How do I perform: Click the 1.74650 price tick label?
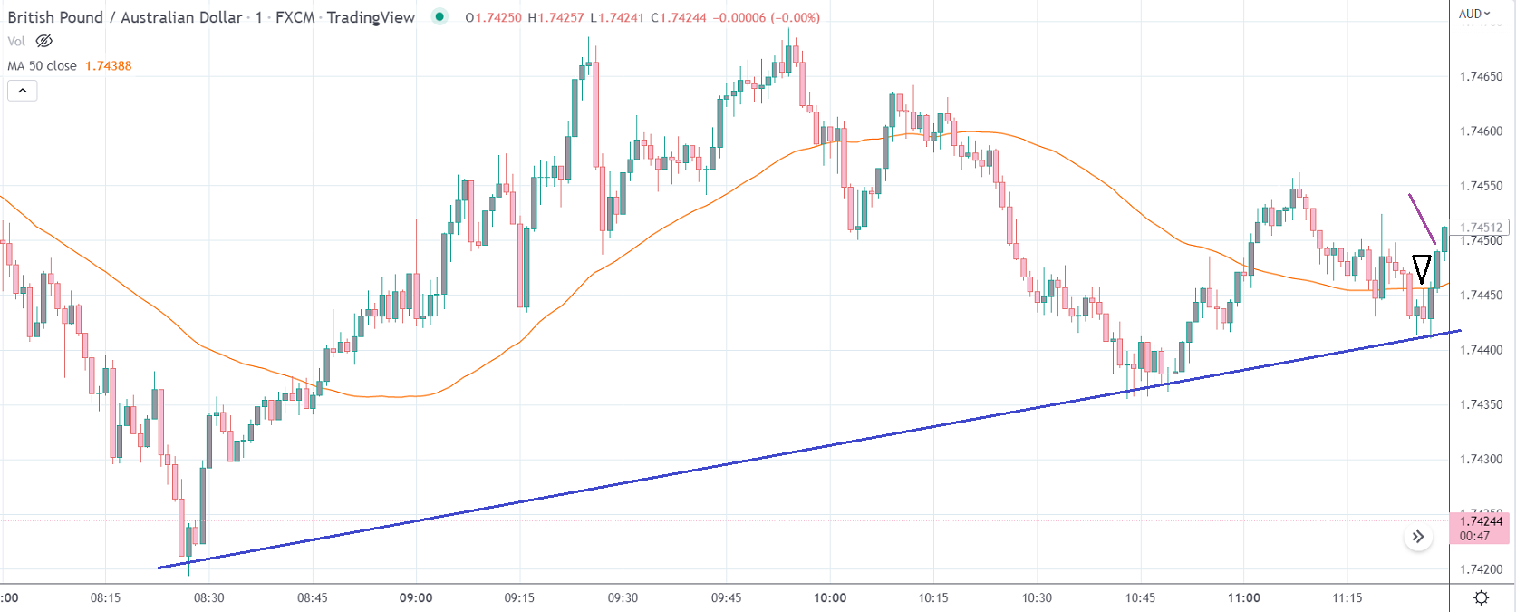1481,76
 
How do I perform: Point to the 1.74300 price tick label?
1481,460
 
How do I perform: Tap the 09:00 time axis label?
416,597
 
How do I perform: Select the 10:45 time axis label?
1140,597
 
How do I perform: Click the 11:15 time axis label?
1347,597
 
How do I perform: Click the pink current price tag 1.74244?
1481,521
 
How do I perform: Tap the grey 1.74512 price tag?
1481,228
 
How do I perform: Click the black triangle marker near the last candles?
1422,268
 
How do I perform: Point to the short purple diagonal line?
1422,219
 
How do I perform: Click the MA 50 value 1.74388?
108,66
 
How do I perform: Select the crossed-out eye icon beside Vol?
43,42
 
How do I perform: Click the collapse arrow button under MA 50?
23,91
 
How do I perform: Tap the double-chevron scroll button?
1418,537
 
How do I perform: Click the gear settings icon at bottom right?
1482,597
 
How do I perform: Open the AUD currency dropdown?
1474,14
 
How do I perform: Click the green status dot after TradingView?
439,16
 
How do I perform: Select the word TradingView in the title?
371,17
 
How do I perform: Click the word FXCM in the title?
295,17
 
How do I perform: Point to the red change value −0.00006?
739,17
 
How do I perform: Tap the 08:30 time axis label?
208,597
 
